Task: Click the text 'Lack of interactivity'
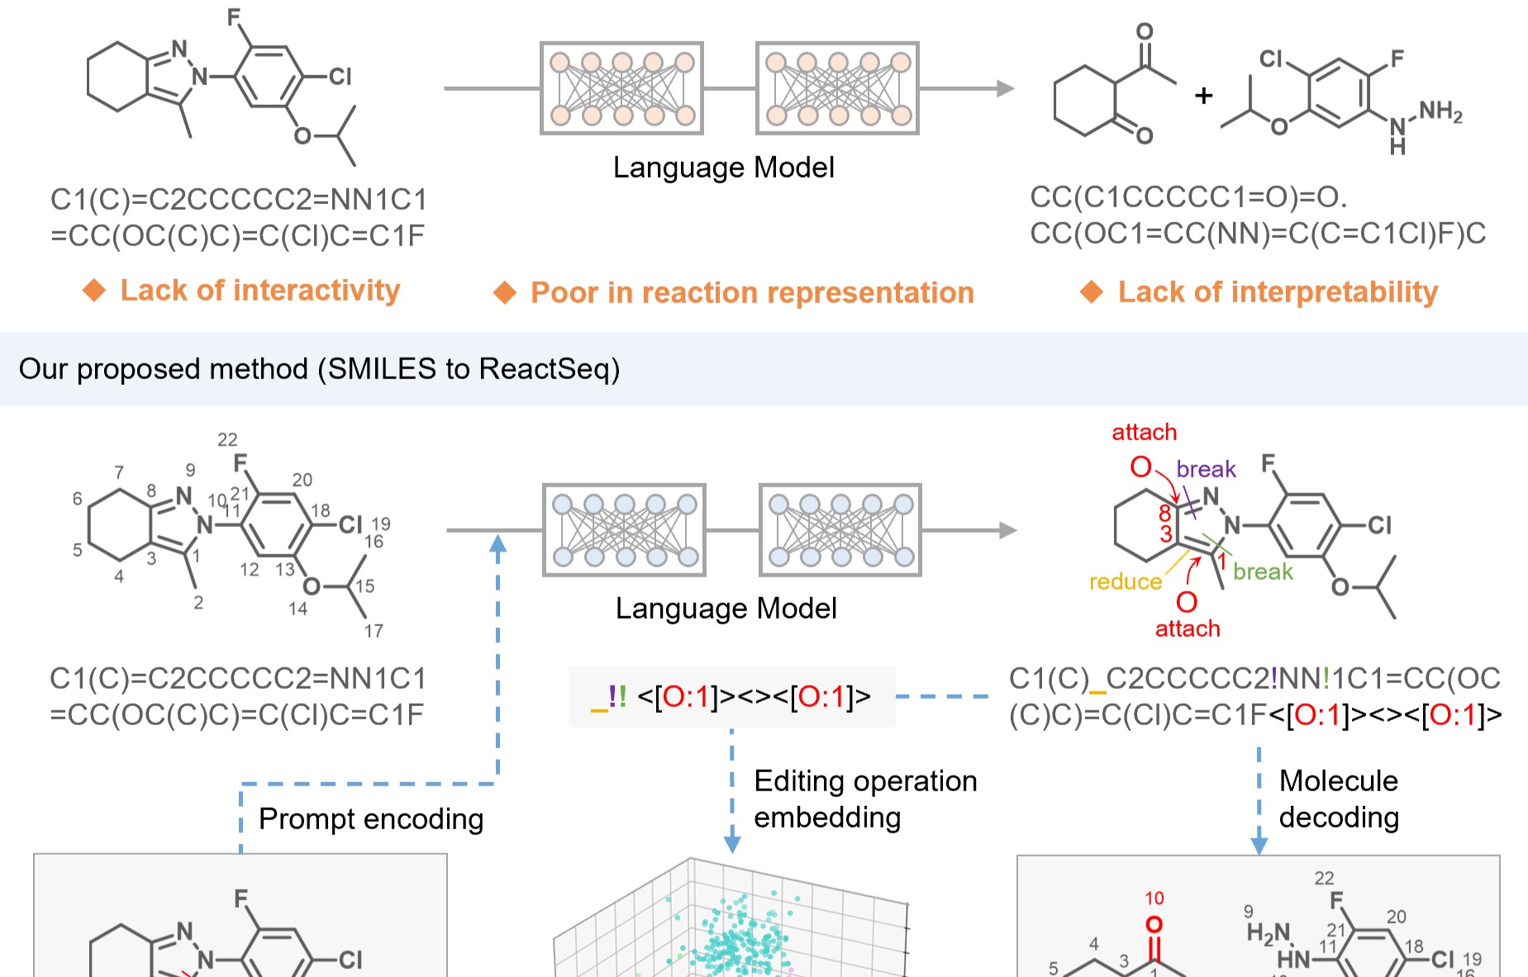tap(259, 290)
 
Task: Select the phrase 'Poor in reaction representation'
tap(752, 292)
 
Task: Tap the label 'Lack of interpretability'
tap(1278, 292)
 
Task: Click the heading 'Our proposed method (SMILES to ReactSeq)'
tap(319, 368)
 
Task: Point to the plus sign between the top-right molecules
tap(1203, 96)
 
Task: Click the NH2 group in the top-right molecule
tap(1440, 111)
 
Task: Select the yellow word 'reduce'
tap(1125, 581)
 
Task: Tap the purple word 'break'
tap(1206, 469)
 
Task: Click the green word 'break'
tap(1262, 571)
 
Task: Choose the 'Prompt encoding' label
tap(371, 818)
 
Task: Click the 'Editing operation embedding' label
tap(864, 799)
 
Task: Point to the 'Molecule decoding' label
tap(1339, 799)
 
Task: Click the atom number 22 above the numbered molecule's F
tap(227, 439)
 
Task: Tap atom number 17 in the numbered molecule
tap(374, 631)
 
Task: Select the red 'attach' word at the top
tap(1144, 432)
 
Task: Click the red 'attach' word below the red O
tap(1188, 628)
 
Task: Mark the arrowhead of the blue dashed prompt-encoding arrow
tap(497, 543)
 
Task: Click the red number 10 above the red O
tap(1154, 898)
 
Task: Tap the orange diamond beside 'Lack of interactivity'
tap(94, 290)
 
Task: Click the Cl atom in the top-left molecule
tap(340, 77)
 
